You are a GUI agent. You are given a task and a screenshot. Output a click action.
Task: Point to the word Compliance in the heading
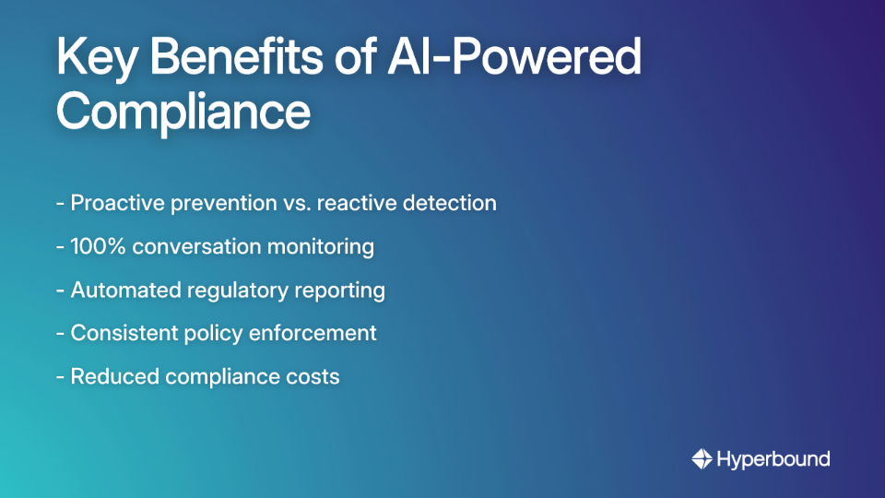click(x=183, y=113)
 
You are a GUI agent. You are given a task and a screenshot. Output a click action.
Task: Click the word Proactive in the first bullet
click(x=118, y=203)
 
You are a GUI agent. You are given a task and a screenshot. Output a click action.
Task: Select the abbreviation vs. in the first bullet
click(x=290, y=203)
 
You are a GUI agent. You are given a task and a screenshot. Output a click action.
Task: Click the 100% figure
click(x=97, y=246)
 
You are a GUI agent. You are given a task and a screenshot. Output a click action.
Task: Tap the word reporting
click(x=339, y=290)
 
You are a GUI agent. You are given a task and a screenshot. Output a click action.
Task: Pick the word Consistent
click(x=120, y=333)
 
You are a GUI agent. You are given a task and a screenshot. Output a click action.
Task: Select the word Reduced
click(x=111, y=376)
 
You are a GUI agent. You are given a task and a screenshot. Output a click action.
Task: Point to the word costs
click(x=313, y=376)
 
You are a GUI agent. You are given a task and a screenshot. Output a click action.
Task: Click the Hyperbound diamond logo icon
click(x=702, y=458)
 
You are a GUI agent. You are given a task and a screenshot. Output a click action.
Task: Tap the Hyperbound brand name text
click(x=773, y=458)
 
